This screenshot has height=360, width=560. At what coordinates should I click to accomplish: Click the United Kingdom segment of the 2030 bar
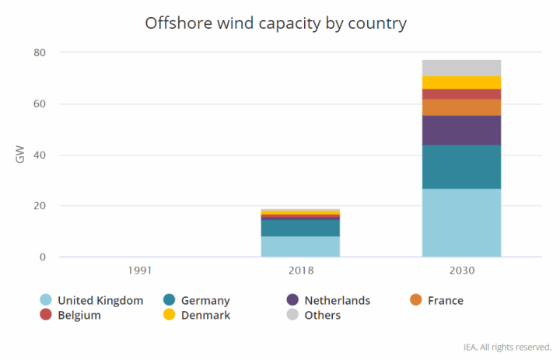(x=461, y=222)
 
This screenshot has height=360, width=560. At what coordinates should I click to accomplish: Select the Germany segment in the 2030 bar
(x=461, y=166)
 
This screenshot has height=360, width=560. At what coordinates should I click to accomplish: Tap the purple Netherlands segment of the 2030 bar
(x=461, y=130)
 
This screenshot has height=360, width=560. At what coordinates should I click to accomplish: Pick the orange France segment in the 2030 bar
(x=461, y=107)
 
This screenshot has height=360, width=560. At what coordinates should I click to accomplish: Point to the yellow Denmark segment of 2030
(x=461, y=82)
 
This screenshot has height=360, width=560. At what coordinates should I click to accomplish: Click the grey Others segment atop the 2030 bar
(x=461, y=68)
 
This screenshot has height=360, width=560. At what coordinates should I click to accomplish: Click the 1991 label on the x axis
(x=140, y=271)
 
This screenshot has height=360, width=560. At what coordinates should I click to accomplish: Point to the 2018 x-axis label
(x=300, y=271)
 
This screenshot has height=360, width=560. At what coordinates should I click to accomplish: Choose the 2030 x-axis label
(x=461, y=271)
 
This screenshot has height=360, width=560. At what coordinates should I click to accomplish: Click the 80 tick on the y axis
(x=40, y=53)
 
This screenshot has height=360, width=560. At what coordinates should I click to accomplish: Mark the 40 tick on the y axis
(x=40, y=155)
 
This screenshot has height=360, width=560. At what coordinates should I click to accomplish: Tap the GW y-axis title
(x=21, y=155)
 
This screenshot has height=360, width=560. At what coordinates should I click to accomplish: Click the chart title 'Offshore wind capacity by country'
(x=276, y=23)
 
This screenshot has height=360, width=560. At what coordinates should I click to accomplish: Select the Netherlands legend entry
(x=337, y=300)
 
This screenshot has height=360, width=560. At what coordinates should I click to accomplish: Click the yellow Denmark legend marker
(x=170, y=315)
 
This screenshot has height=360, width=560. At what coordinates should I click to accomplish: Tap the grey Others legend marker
(x=292, y=315)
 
